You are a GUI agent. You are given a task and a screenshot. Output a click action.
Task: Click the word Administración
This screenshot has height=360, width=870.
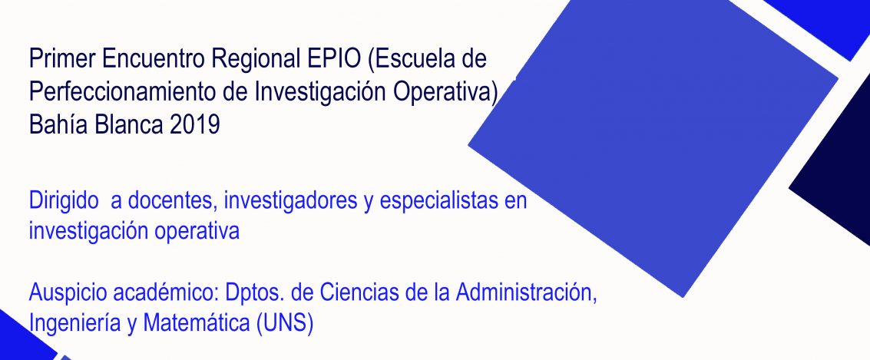tap(527, 292)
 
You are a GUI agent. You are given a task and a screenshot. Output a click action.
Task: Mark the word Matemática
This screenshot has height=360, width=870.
tap(197, 324)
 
